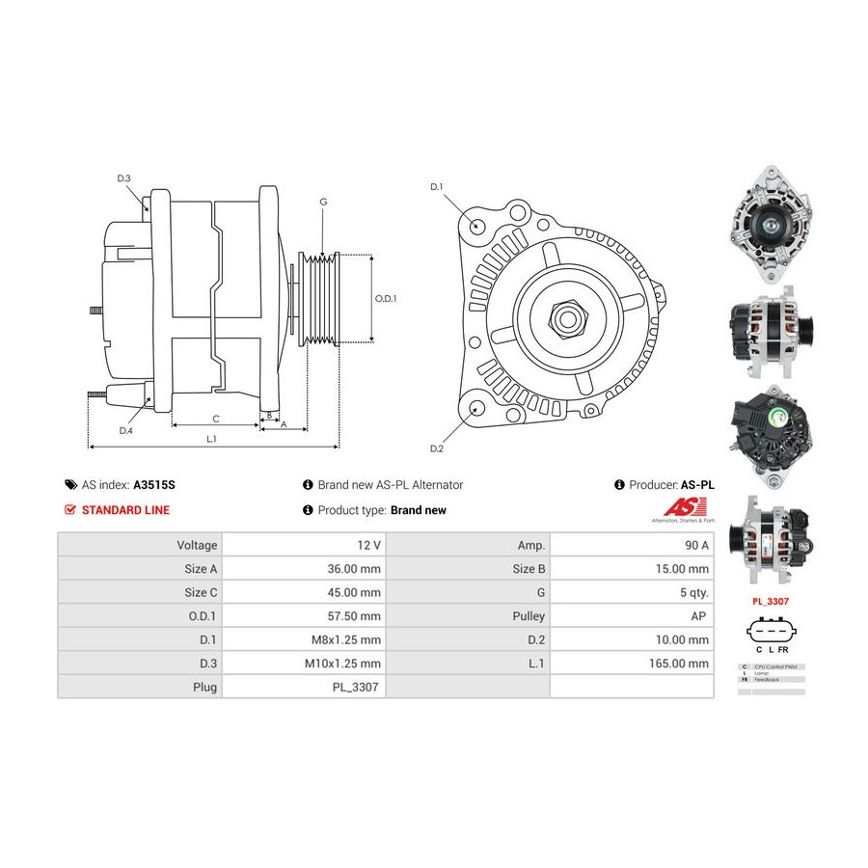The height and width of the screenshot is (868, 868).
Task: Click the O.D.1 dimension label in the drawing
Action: click(386, 298)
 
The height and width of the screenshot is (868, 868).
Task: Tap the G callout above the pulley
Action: click(323, 202)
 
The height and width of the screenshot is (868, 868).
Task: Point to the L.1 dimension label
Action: click(211, 439)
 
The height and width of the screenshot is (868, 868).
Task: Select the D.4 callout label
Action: click(125, 431)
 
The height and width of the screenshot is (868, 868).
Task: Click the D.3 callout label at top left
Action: click(123, 178)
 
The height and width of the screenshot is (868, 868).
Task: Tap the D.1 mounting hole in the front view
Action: click(478, 226)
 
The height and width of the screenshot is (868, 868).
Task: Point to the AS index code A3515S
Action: click(154, 485)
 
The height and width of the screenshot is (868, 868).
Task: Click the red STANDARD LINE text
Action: click(125, 510)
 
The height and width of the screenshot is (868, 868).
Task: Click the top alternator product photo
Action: click(771, 224)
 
